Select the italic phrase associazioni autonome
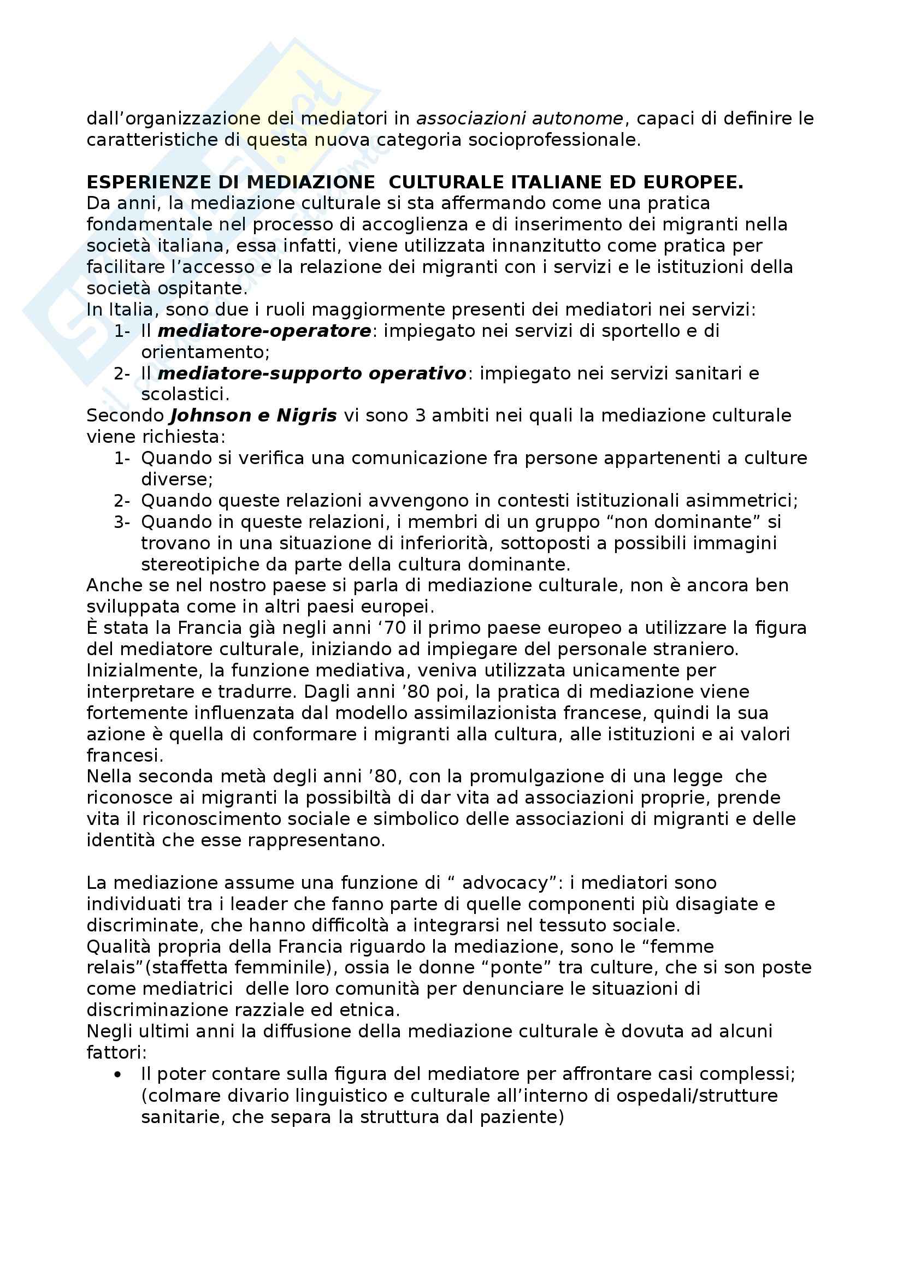520,118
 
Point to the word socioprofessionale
553,140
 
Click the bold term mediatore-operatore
264,331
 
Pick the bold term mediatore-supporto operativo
312,373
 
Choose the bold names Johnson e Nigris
253,415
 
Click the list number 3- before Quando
122,522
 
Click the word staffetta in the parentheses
189,967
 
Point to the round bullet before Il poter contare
117,1074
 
